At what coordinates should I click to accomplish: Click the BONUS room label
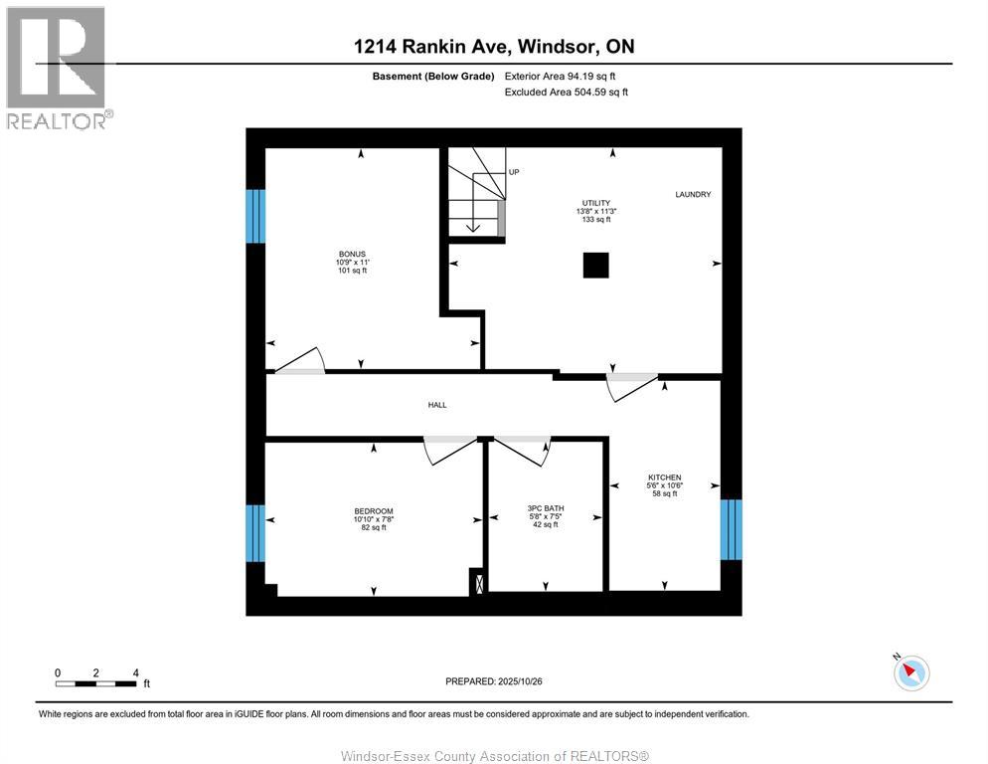pos(352,254)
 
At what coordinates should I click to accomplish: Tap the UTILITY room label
pos(595,203)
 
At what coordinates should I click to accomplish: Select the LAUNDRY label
pos(693,195)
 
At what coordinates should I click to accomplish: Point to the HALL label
pos(437,405)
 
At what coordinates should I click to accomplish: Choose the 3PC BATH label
pos(546,508)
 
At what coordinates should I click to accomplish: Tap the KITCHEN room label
pos(664,477)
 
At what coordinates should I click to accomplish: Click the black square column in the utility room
pos(595,266)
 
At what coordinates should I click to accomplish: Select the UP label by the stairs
pos(514,172)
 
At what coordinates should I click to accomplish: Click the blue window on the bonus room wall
pos(255,216)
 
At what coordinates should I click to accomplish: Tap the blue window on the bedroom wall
pos(255,533)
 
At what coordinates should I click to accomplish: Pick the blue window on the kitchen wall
pos(732,529)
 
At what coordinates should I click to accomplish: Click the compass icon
pos(910,672)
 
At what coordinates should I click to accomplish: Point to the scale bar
pos(96,683)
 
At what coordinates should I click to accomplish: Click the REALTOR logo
pos(56,68)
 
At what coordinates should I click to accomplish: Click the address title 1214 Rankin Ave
pos(494,47)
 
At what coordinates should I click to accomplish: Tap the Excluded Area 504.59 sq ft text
pos(567,93)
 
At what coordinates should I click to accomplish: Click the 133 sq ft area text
pos(595,219)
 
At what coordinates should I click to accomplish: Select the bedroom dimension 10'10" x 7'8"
pos(373,519)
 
